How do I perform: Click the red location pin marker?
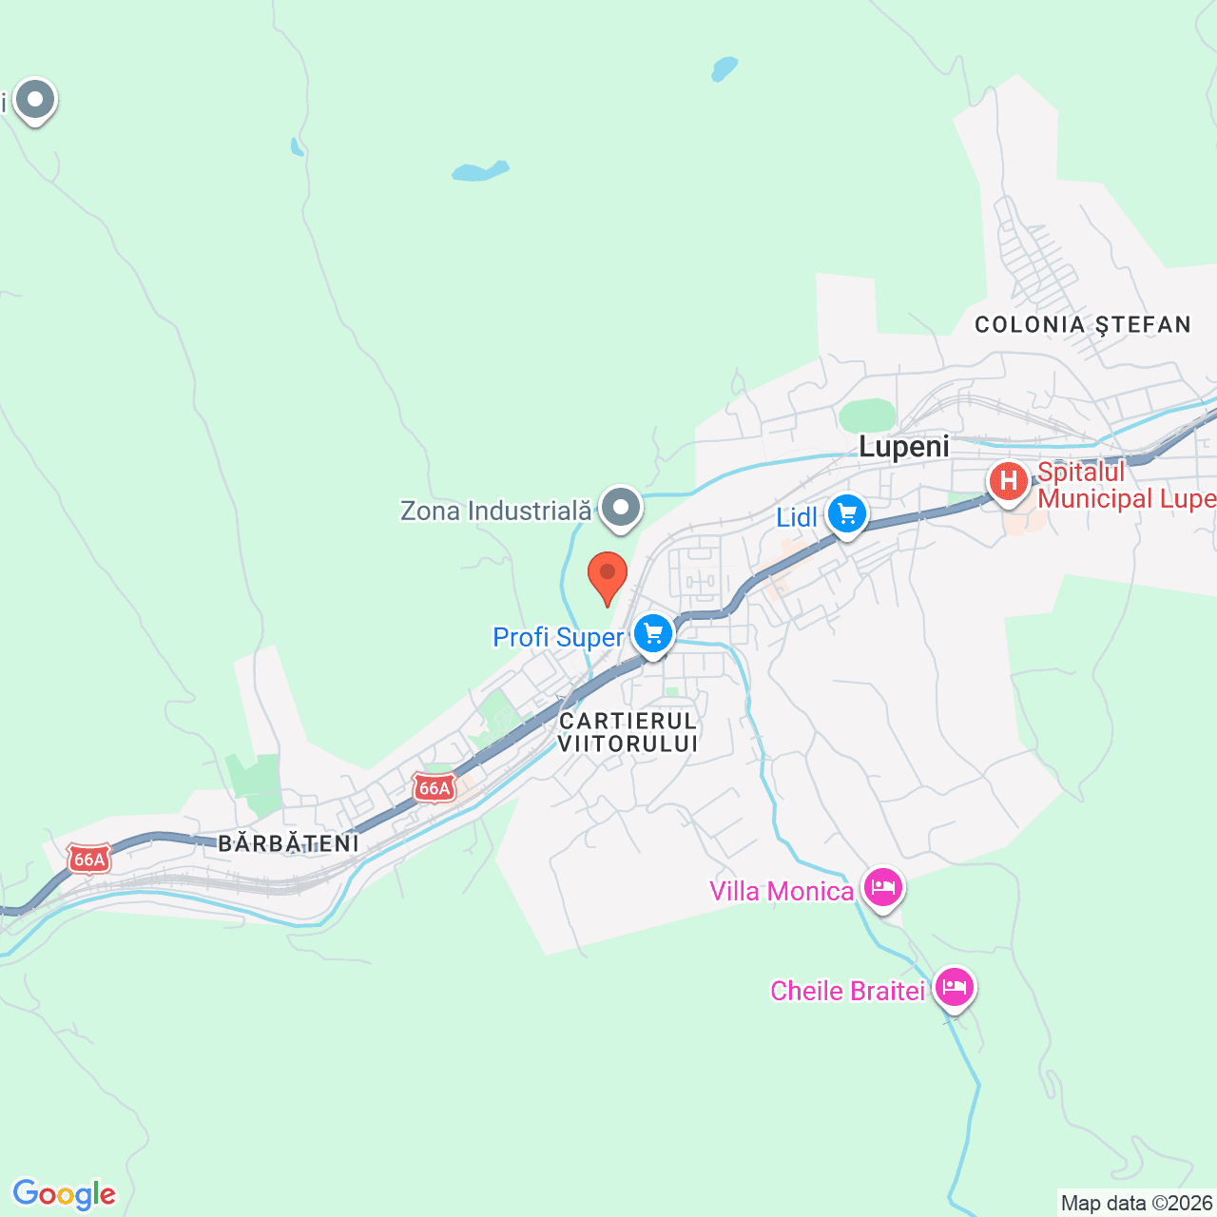click(x=608, y=574)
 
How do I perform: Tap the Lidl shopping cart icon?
click(x=846, y=514)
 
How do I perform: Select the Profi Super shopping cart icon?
click(x=652, y=633)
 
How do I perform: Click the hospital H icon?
click(x=1008, y=480)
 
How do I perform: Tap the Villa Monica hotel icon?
click(x=883, y=889)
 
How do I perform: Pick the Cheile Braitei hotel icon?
click(x=954, y=987)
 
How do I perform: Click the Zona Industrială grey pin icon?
click(x=621, y=508)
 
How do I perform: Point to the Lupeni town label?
click(x=903, y=447)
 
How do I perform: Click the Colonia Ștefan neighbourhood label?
click(x=1083, y=325)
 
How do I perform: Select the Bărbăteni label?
click(x=289, y=843)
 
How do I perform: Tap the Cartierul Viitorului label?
click(x=628, y=732)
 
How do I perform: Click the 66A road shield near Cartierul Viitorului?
click(x=435, y=788)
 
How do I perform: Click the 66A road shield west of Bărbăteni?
click(x=89, y=860)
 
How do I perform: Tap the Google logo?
click(x=65, y=1194)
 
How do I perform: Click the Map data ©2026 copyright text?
click(x=1137, y=1204)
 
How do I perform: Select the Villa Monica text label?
click(x=782, y=891)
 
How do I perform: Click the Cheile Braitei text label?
click(x=847, y=991)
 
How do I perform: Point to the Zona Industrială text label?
click(x=495, y=511)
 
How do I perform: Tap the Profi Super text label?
click(x=558, y=637)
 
